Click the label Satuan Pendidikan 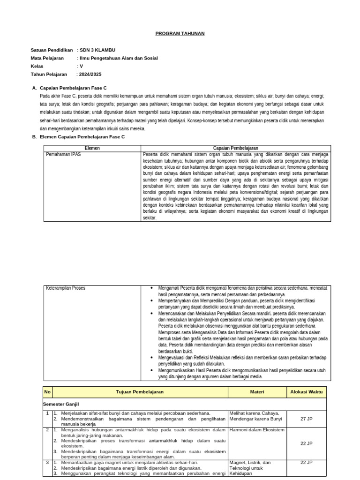(x=52, y=50)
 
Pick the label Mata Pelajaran (x=47, y=58)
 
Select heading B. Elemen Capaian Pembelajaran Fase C (x=82, y=137)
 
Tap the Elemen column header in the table (x=92, y=148)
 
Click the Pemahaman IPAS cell (x=63, y=154)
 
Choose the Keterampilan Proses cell (x=66, y=288)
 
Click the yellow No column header (x=47, y=392)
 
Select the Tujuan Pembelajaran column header (x=140, y=392)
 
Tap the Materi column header (x=257, y=392)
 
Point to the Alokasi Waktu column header (x=306, y=392)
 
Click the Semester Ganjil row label (x=61, y=403)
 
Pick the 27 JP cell (x=306, y=419)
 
